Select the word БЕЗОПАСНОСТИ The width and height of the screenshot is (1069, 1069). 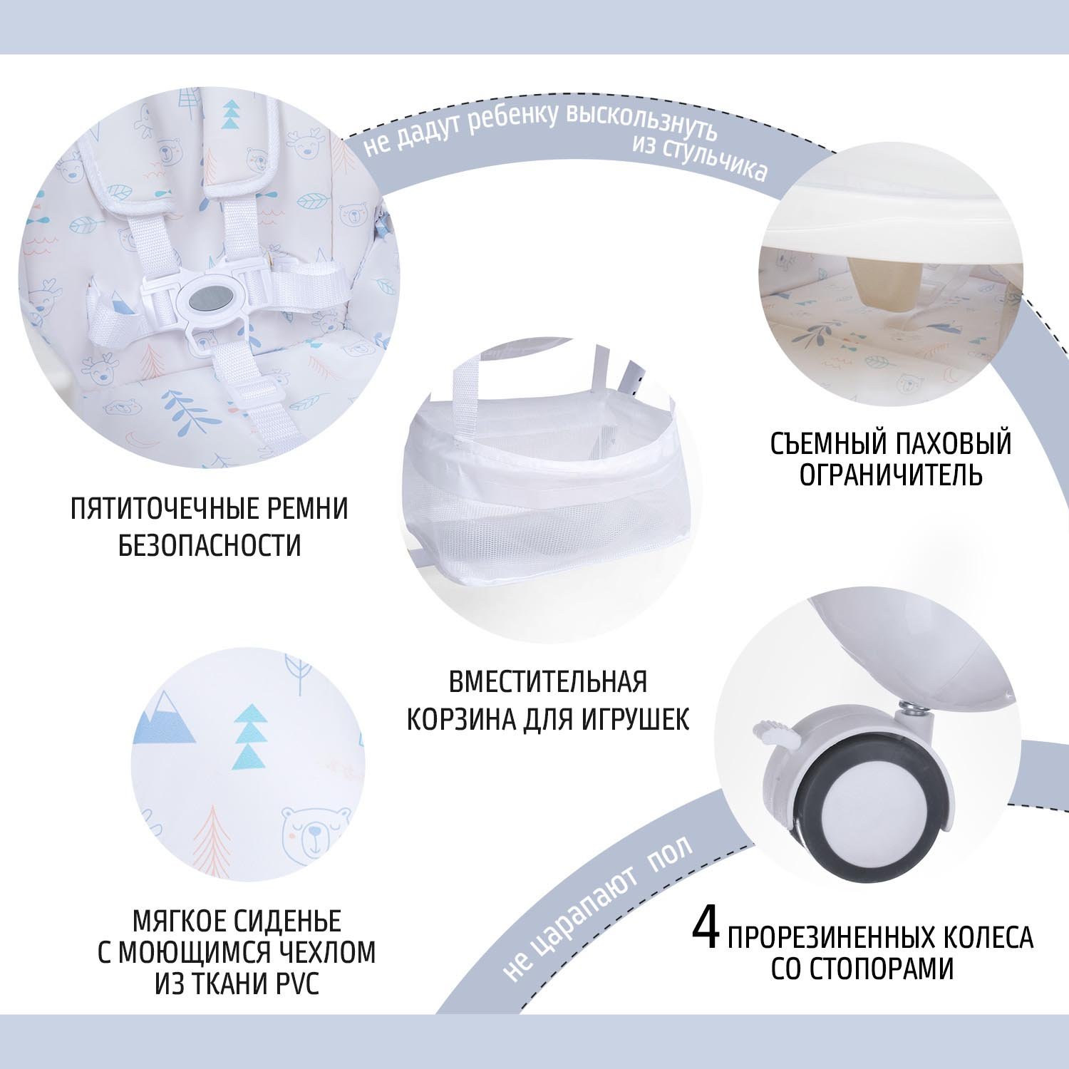coord(210,546)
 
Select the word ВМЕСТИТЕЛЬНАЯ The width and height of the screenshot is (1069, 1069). coord(548,682)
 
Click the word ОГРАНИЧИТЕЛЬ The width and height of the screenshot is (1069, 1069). coord(891,475)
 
